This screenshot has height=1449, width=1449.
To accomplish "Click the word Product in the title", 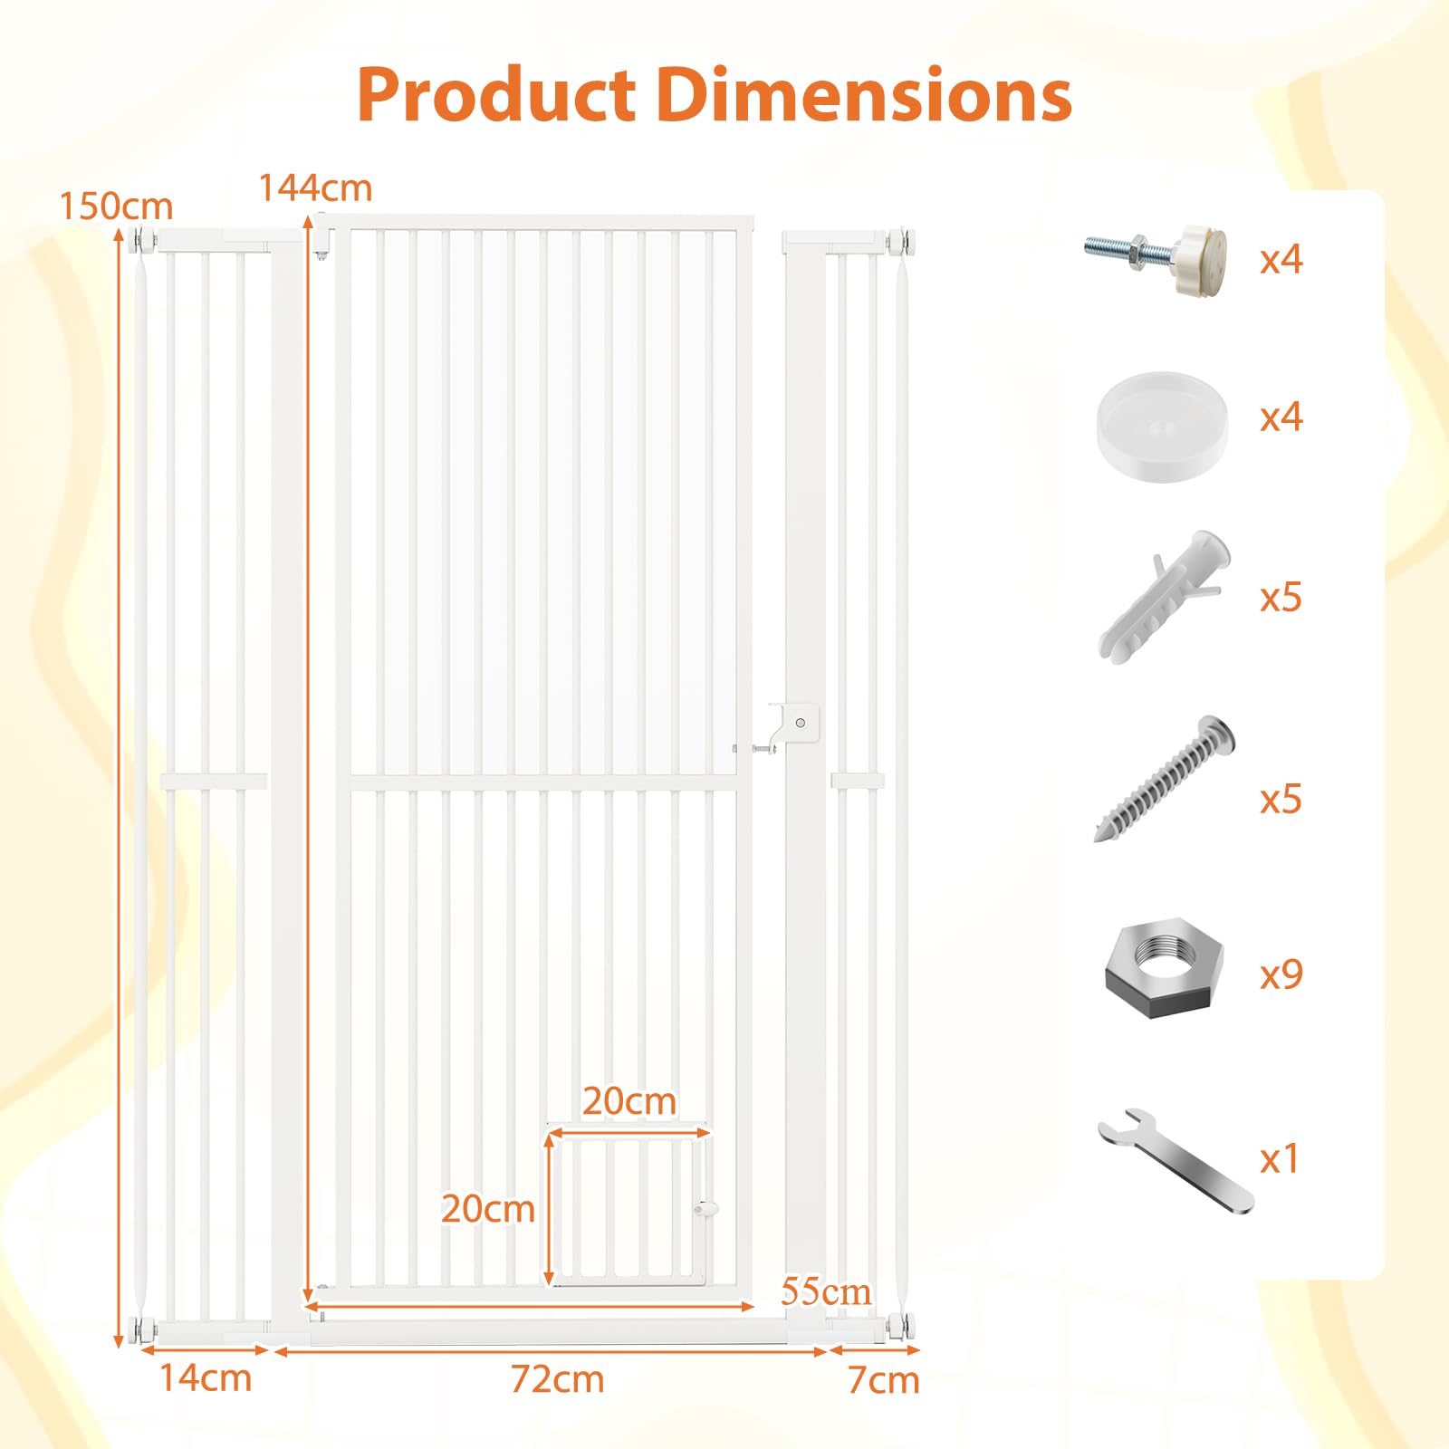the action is (x=496, y=94).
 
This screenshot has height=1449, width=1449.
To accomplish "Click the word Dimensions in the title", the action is (x=865, y=94).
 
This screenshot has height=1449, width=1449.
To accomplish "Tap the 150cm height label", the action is (x=116, y=206).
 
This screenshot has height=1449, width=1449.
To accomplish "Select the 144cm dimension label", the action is (x=315, y=188).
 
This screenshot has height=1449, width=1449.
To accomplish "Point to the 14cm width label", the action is (x=206, y=1377).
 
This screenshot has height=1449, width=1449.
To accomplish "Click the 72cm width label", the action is (x=557, y=1379).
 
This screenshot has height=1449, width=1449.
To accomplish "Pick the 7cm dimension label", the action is (x=883, y=1380).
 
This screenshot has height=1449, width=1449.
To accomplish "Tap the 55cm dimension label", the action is (x=826, y=1291).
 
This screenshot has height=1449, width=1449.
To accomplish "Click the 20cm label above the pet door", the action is (x=629, y=1101).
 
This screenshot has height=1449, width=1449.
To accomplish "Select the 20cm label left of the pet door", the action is (x=488, y=1209).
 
